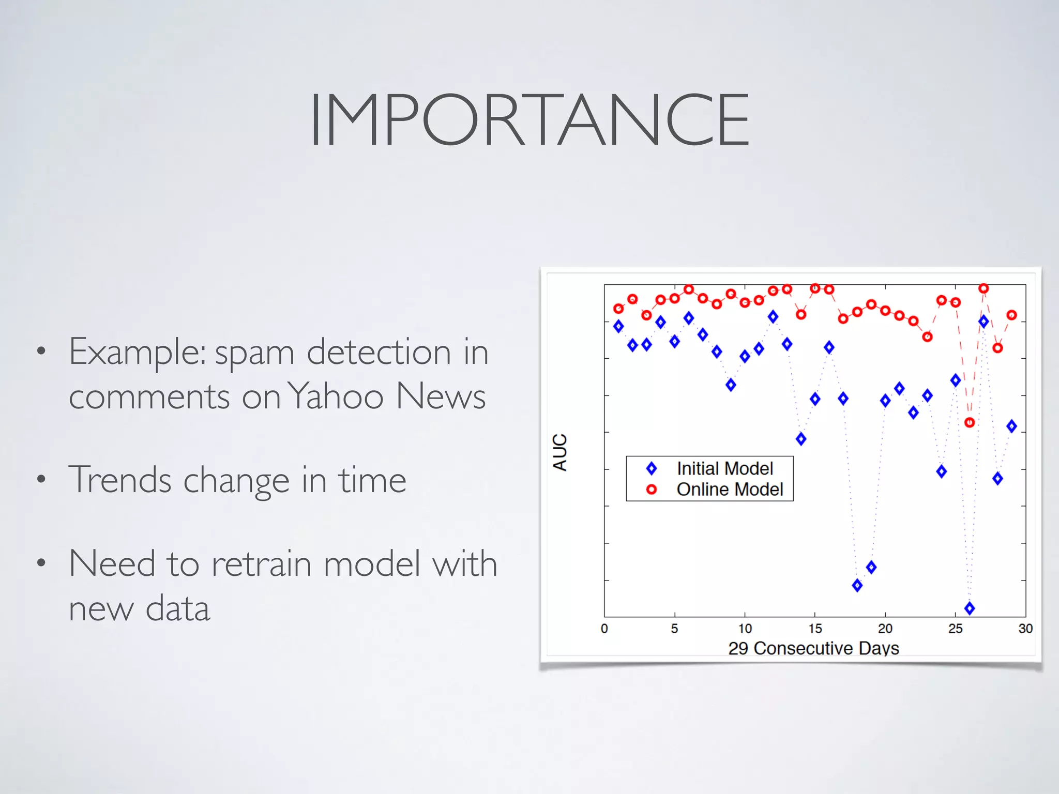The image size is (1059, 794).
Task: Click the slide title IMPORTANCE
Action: click(529, 120)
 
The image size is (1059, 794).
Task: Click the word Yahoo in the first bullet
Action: click(335, 396)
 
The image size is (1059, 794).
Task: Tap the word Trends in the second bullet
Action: click(119, 480)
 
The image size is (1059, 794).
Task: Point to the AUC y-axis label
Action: click(560, 452)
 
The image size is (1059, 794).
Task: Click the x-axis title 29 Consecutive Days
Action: click(813, 648)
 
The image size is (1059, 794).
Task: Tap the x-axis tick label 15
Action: click(815, 629)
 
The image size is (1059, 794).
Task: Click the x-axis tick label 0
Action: click(604, 629)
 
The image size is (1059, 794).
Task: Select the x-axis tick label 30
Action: click(1025, 629)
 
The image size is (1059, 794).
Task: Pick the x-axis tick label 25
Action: click(955, 629)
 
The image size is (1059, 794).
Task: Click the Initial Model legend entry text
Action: click(724, 469)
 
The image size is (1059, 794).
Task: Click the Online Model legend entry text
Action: click(730, 490)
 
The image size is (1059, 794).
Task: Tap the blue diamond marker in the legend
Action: click(652, 469)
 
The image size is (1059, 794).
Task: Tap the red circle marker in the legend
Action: click(652, 490)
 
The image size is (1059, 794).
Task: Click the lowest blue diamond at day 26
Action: click(970, 608)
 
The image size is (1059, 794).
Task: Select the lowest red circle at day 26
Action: click(970, 423)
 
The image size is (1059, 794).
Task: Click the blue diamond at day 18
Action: click(857, 586)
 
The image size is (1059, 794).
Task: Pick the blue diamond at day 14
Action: click(801, 439)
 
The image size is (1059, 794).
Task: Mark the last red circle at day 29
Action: click(1011, 315)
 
